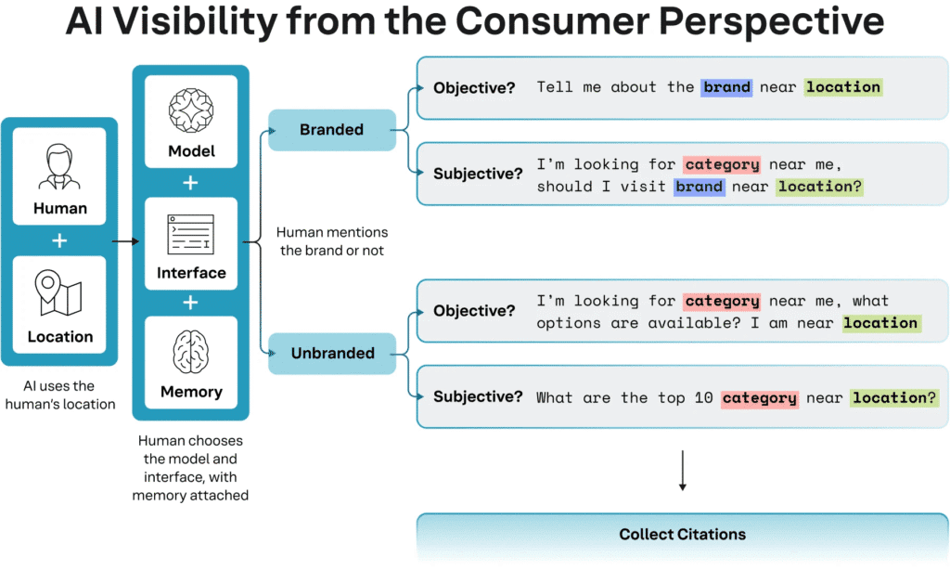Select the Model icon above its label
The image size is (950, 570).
pyautogui.click(x=191, y=110)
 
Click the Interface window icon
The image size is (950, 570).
pyautogui.click(x=191, y=234)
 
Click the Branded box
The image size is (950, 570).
pyautogui.click(x=331, y=130)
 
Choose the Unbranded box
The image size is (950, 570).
pyautogui.click(x=332, y=353)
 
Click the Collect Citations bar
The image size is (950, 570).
pyautogui.click(x=682, y=535)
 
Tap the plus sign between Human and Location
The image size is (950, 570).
pyautogui.click(x=59, y=240)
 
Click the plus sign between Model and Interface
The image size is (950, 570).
pyautogui.click(x=191, y=183)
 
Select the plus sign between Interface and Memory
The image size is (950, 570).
pyautogui.click(x=191, y=302)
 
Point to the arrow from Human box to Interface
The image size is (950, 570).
pyautogui.click(x=125, y=240)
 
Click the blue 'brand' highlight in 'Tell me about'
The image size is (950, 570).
pyautogui.click(x=726, y=87)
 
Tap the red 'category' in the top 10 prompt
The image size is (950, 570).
pyautogui.click(x=759, y=398)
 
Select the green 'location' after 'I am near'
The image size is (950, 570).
pyautogui.click(x=880, y=323)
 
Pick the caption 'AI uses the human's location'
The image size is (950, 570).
pyautogui.click(x=59, y=395)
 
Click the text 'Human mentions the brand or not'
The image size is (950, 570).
pyautogui.click(x=332, y=241)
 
